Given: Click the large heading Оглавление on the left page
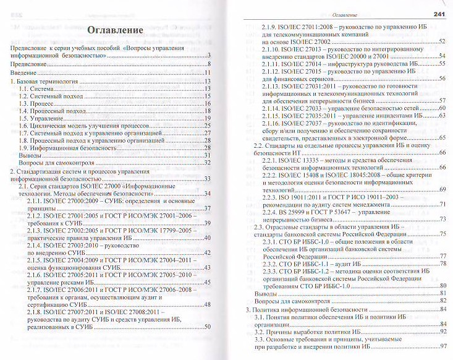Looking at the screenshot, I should tap(116, 30).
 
